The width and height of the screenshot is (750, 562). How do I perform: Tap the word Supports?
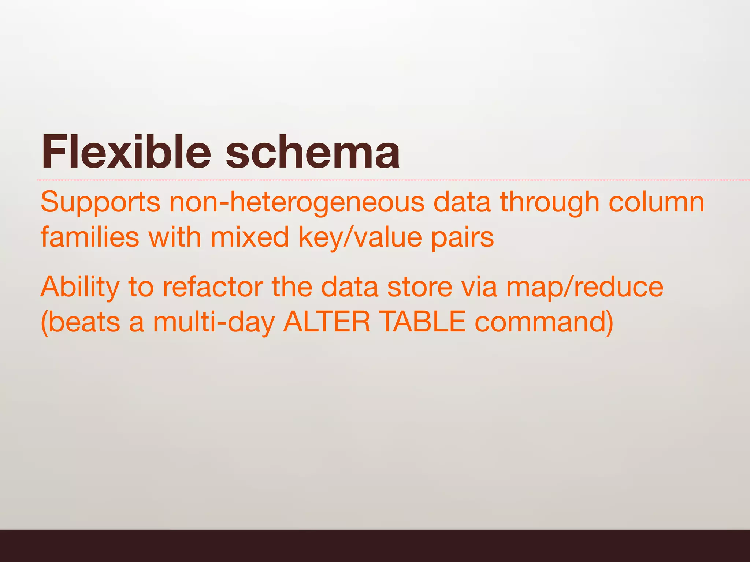coord(100,202)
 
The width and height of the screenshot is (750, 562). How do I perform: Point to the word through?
coord(549,202)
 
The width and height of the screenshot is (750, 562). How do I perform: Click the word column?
coord(656,202)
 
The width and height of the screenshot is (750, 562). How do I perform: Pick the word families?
coord(90,237)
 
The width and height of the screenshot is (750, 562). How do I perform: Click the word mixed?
coord(250,237)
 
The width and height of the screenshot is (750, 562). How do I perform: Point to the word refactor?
coord(213,287)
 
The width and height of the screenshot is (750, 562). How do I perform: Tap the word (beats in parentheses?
coord(80,322)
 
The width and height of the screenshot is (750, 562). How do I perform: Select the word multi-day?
coord(214,322)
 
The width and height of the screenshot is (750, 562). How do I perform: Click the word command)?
coord(544,322)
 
